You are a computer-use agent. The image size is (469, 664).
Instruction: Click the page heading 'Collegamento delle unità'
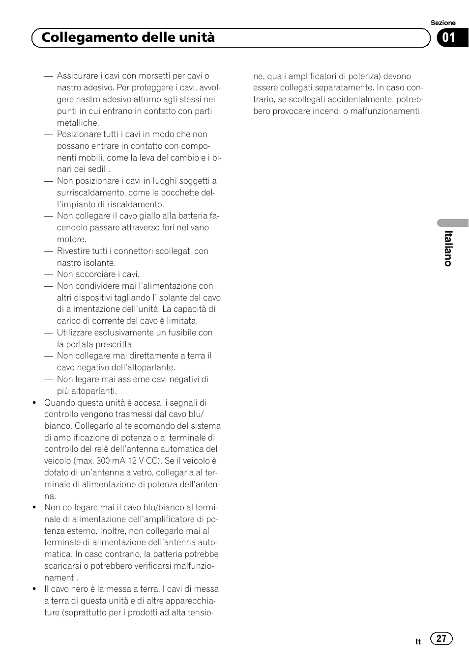tap(128, 37)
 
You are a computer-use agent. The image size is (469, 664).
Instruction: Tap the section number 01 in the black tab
tap(448, 37)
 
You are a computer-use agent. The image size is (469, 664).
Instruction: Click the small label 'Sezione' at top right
tap(443, 23)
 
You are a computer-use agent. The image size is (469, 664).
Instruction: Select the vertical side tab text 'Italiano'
tap(448, 249)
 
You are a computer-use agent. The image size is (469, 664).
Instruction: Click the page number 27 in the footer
tap(441, 638)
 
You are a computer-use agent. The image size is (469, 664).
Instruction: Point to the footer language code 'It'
tap(418, 641)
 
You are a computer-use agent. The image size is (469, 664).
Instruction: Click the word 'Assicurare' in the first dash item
tap(77, 76)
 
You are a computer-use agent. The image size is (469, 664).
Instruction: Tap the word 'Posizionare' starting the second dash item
tap(79, 134)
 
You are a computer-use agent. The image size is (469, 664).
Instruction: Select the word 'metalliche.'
tap(78, 123)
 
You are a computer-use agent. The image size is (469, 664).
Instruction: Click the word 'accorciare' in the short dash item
tap(95, 274)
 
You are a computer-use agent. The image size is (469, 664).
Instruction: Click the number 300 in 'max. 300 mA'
tap(103, 461)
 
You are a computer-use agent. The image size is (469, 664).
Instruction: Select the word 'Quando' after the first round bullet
tap(59, 403)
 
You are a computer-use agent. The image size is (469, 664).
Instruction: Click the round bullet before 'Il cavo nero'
tap(34, 589)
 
